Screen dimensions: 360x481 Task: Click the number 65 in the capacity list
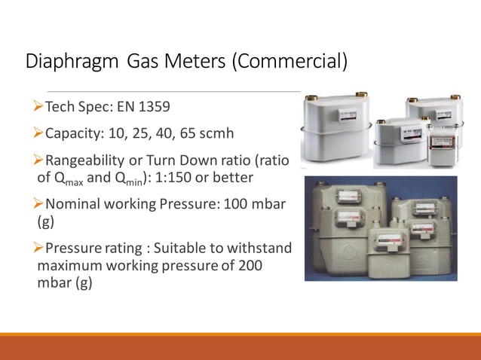point(186,133)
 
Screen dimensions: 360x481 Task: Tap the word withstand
point(262,249)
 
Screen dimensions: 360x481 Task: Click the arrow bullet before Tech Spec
point(40,108)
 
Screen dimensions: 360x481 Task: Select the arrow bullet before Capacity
point(40,133)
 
